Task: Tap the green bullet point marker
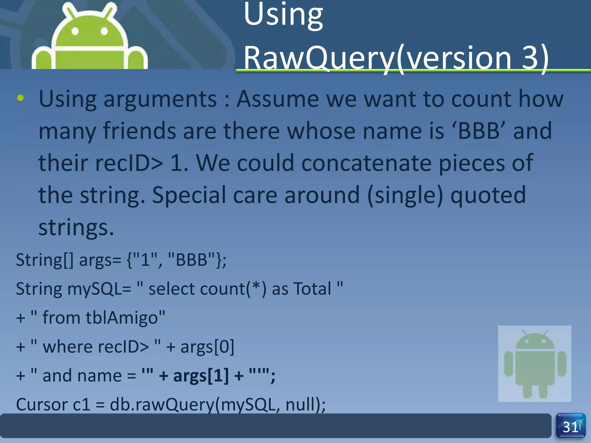point(20,98)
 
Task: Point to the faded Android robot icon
point(535,364)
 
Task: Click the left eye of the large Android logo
point(75,31)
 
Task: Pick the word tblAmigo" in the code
point(125,318)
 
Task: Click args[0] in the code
point(207,347)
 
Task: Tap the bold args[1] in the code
point(201,376)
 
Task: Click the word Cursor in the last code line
point(41,404)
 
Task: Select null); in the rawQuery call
point(305,404)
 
